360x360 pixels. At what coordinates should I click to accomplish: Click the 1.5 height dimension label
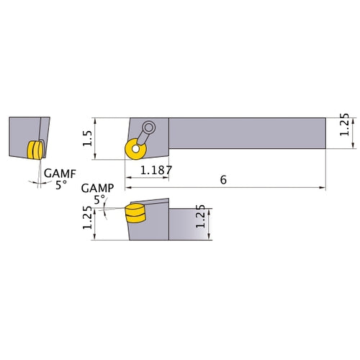coord(86,137)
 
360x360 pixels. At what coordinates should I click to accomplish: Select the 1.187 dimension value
coord(155,171)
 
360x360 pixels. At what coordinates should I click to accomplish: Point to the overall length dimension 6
coord(223,180)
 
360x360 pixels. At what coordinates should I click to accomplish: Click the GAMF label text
coord(57,174)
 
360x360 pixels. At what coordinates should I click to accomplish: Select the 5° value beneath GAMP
coord(99,198)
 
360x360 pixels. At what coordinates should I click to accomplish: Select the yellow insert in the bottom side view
coord(134,214)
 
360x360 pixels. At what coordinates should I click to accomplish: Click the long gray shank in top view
coord(245,134)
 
